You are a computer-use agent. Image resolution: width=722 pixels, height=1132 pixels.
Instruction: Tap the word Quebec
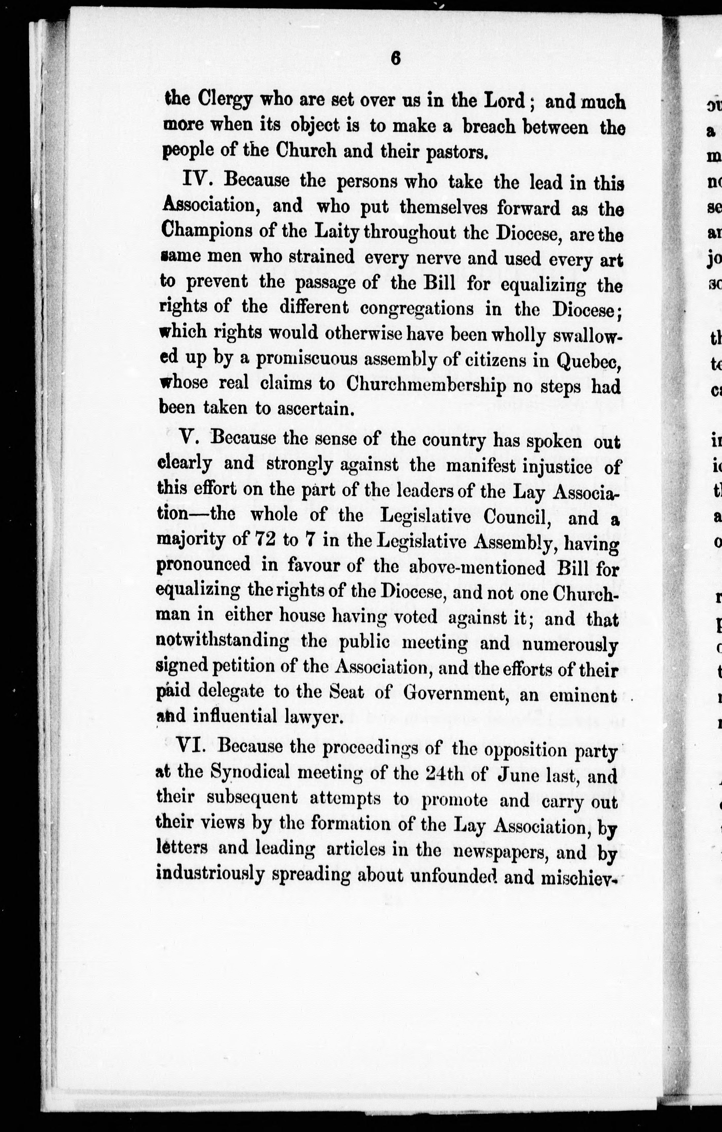589,360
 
